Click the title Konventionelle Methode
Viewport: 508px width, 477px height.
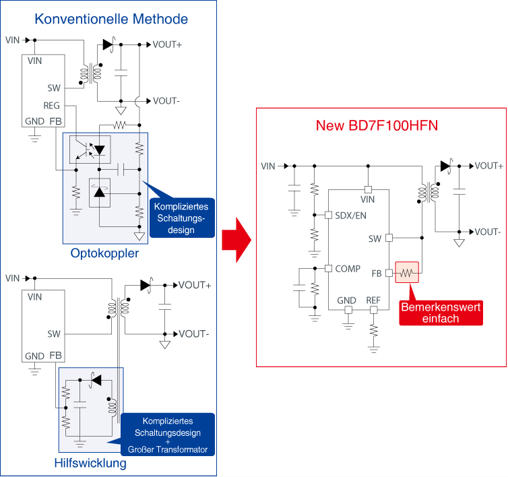[111, 19]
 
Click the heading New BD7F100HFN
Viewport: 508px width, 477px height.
[381, 125]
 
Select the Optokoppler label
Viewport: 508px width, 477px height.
[104, 253]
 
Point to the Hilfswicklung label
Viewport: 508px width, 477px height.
[90, 463]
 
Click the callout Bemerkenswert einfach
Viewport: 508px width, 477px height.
[441, 313]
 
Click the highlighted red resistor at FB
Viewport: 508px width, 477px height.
[408, 273]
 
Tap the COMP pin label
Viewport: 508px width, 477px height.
[348, 269]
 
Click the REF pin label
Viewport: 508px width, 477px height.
[373, 300]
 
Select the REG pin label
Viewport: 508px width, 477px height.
[51, 106]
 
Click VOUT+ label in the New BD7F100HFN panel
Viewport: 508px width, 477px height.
[488, 166]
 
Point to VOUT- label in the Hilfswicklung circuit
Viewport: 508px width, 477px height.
[194, 334]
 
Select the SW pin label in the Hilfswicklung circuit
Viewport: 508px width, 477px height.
[54, 333]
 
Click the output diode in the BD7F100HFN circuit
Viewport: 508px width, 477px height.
[445, 166]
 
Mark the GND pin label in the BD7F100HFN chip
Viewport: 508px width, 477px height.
[346, 300]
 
